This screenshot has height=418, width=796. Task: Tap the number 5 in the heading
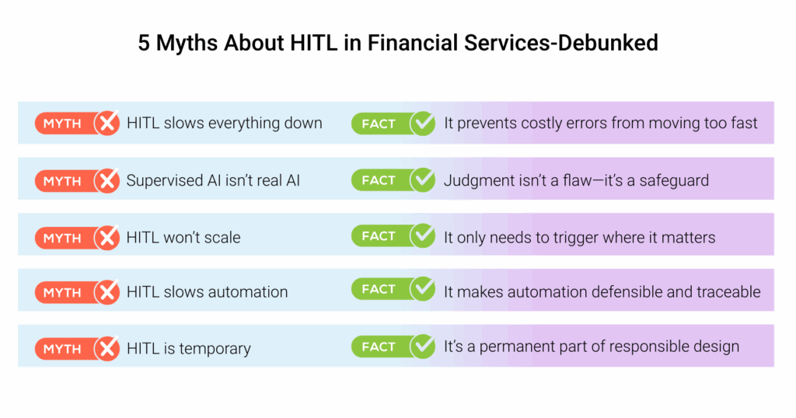click(145, 42)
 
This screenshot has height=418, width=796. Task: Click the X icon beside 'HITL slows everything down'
click(106, 124)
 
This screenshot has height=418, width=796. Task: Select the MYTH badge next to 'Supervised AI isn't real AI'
click(62, 181)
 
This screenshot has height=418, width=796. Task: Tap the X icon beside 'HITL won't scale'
click(106, 238)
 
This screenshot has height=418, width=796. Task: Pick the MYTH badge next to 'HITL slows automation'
click(62, 293)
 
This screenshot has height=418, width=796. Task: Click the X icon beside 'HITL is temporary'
click(106, 349)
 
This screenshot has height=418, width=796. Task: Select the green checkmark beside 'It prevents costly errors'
click(423, 124)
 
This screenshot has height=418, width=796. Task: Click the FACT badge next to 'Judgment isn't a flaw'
click(379, 180)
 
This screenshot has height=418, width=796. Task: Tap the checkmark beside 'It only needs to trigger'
click(423, 236)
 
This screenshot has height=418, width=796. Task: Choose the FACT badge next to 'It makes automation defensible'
click(379, 289)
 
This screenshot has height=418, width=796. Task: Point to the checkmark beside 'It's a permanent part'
click(423, 346)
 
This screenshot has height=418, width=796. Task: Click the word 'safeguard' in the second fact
click(674, 180)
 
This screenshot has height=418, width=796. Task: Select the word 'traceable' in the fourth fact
click(728, 292)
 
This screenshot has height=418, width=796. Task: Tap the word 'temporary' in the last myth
click(215, 349)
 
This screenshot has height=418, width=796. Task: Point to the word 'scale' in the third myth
click(221, 238)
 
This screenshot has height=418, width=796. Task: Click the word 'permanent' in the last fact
click(515, 347)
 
